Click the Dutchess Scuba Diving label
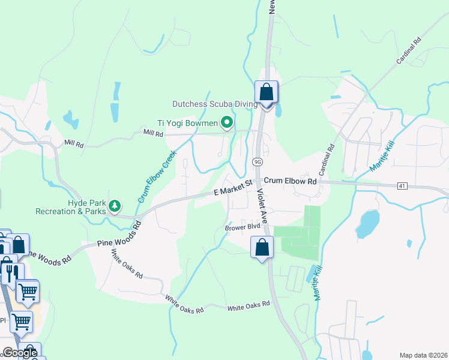pyautogui.click(x=215, y=104)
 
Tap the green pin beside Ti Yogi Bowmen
pyautogui.click(x=227, y=123)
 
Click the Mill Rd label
pyautogui.click(x=152, y=134)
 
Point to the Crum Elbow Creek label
pyautogui.click(x=154, y=175)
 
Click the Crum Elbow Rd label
pyautogui.click(x=290, y=181)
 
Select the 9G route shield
pyautogui.click(x=258, y=162)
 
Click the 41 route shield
pyautogui.click(x=402, y=186)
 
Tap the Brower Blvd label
pyautogui.click(x=243, y=227)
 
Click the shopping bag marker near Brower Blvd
pyautogui.click(x=262, y=247)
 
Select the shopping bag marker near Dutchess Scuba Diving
pyautogui.click(x=267, y=92)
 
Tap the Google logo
pyautogui.click(x=19, y=353)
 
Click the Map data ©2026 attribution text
pyautogui.click(x=423, y=355)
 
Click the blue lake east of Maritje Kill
pyautogui.click(x=367, y=224)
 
